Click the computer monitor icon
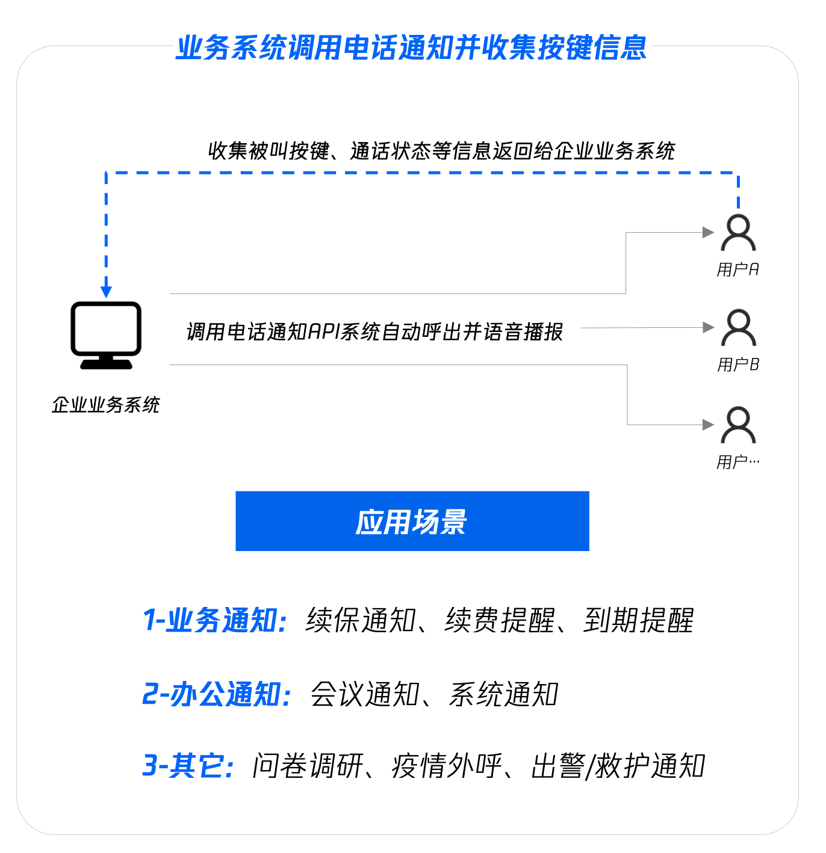(106, 334)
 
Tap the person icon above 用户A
(738, 233)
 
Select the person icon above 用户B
(738, 328)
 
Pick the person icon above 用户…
(738, 425)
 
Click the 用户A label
(737, 269)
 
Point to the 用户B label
(738, 365)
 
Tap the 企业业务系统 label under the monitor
(106, 405)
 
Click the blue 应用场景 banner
(412, 521)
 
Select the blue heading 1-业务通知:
(215, 621)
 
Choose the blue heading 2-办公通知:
(217, 694)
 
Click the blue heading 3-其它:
(188, 766)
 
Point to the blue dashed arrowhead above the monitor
(106, 292)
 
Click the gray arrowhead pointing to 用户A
(708, 233)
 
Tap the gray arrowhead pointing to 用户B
(708, 328)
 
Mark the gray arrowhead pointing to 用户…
(708, 425)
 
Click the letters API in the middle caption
(324, 331)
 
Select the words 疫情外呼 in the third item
(447, 766)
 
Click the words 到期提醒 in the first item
(639, 621)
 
